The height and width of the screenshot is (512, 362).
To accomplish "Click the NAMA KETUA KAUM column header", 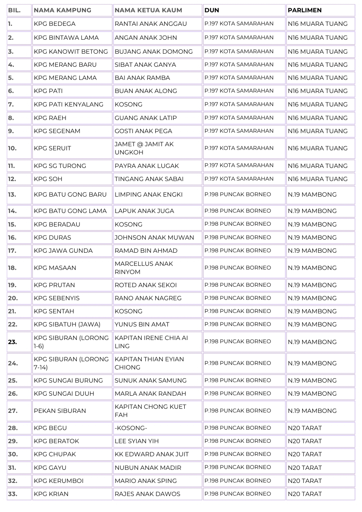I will click(x=148, y=10).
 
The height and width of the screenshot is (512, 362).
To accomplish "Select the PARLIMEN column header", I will click(x=304, y=10).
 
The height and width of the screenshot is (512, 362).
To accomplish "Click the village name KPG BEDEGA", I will click(x=54, y=24).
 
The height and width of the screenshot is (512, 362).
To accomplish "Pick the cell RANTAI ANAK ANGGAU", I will click(x=150, y=24).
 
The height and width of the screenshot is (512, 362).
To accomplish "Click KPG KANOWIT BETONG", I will click(x=71, y=52).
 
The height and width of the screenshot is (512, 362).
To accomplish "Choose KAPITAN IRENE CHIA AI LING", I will click(x=151, y=342).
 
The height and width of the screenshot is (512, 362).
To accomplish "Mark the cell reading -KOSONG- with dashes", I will click(x=131, y=428).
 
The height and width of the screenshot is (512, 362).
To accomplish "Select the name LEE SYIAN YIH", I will click(x=136, y=441).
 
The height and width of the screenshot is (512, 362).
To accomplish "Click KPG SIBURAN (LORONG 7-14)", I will click(x=71, y=363).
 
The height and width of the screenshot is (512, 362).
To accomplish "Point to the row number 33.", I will click(x=13, y=494).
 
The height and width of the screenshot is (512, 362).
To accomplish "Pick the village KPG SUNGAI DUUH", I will click(x=64, y=394).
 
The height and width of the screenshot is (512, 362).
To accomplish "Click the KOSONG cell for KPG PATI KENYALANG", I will click(x=129, y=104).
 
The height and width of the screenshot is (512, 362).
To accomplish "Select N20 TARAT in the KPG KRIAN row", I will click(x=305, y=494).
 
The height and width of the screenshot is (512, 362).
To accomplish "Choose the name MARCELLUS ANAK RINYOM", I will click(x=144, y=268).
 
